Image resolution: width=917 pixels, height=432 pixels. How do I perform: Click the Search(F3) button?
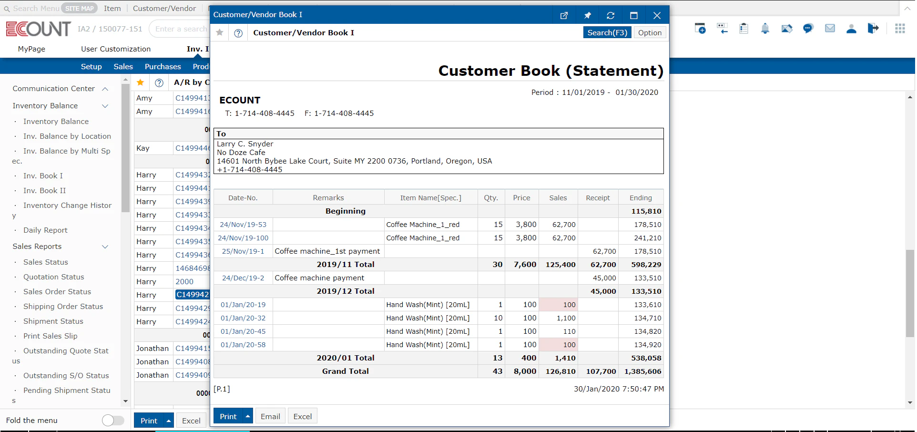coord(607,32)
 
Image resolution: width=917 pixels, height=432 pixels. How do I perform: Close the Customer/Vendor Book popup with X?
coord(657,15)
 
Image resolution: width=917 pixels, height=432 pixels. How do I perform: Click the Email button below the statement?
coord(270,416)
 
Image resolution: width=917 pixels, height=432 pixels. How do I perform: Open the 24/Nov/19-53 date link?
coord(243,225)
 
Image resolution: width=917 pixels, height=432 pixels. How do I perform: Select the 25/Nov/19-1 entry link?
coord(243,251)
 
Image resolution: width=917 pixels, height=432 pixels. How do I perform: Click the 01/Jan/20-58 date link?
coord(243,345)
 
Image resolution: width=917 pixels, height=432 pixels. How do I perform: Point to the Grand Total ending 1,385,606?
coord(642,371)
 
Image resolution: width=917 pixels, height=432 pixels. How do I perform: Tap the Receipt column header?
coord(598,198)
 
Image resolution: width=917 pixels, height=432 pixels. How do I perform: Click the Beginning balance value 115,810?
coord(646,211)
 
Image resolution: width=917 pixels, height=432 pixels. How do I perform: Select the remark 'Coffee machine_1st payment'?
coord(327,251)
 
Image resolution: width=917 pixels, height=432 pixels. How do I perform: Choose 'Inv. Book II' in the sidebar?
coord(45,191)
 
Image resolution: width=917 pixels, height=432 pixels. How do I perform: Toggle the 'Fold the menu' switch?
coord(113,420)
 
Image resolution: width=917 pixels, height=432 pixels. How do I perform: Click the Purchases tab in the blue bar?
coord(163,67)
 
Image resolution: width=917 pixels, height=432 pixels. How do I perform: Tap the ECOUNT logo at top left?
coord(38,29)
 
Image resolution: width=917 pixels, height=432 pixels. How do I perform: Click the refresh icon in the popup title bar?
coord(611,15)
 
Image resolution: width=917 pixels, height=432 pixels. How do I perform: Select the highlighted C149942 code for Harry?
coord(193,295)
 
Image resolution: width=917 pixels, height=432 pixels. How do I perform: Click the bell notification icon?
coord(765,29)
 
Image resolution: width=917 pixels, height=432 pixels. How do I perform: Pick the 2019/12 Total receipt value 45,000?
coord(603,291)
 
